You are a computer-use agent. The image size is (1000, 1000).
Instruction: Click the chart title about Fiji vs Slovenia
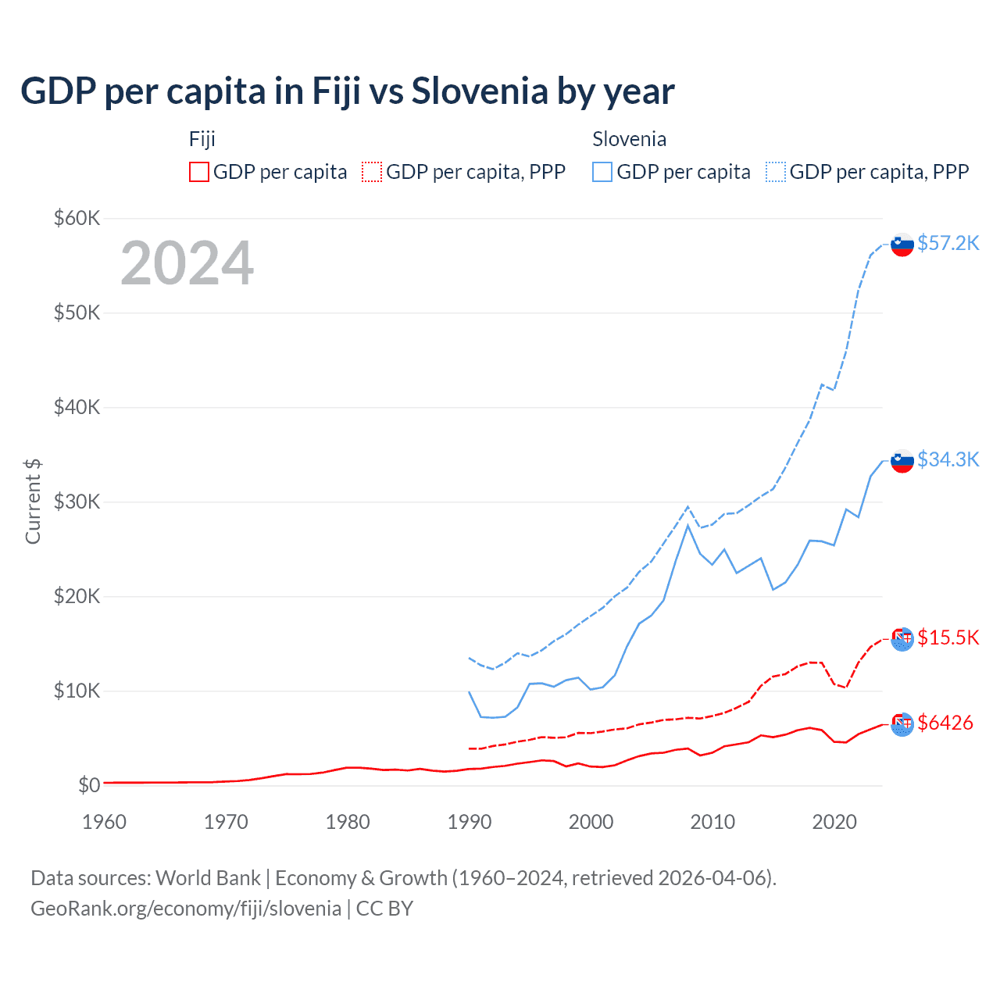coord(348,91)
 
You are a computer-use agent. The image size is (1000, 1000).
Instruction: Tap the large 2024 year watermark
coord(187,263)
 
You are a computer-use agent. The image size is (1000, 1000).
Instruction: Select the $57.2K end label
coord(948,243)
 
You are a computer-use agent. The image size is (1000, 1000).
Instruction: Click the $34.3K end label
coord(948,459)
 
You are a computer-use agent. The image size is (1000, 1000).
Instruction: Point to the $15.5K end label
coord(948,637)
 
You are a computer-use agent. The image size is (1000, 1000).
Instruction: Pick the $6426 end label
coord(945,723)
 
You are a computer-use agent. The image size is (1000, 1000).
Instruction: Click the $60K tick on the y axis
coord(77,218)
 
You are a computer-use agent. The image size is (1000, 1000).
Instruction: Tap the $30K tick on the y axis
coord(77,502)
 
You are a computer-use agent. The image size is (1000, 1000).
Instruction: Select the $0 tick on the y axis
coord(88,785)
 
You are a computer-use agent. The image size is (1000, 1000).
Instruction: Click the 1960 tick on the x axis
coord(104,822)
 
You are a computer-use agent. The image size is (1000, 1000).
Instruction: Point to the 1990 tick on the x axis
coord(470,822)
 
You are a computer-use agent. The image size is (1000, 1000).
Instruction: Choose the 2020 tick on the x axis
coord(834,822)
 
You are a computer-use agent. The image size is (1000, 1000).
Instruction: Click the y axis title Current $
coord(33,502)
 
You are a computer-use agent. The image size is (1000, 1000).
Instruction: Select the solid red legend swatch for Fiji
coord(199,172)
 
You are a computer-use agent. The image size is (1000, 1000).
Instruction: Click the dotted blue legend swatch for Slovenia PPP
coord(776,172)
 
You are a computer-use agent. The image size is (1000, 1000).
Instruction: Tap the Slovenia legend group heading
coord(629,139)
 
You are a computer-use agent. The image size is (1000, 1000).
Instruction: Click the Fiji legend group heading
coord(202,139)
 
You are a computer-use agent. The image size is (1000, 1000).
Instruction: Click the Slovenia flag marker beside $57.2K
coord(902,245)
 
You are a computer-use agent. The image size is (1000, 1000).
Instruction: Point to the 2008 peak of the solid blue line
coord(687,525)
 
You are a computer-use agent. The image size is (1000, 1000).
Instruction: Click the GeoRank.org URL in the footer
coord(186,909)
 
